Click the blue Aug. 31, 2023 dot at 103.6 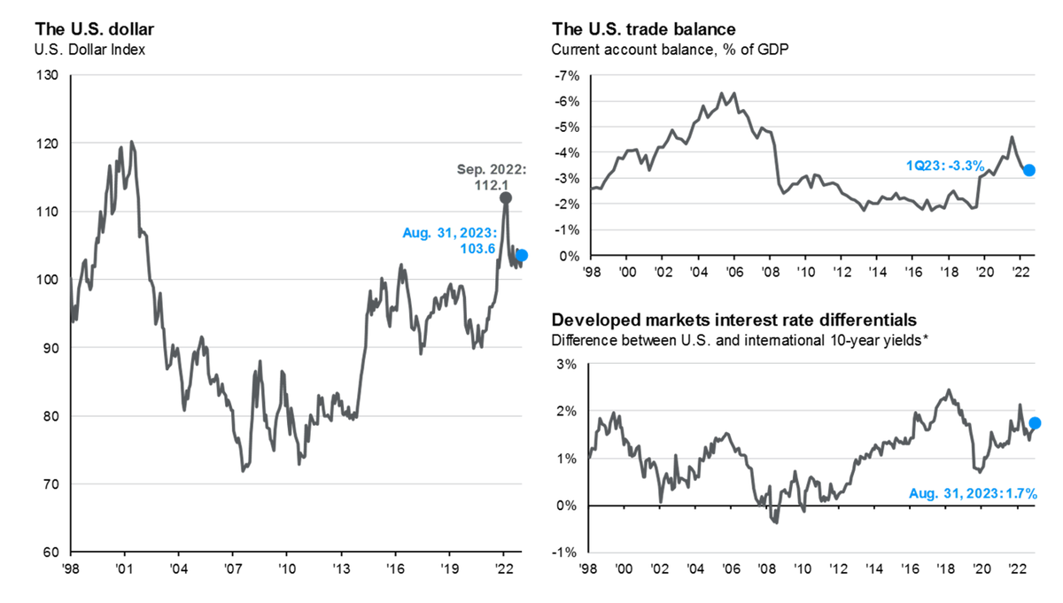(522, 255)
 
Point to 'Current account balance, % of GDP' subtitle (669, 50)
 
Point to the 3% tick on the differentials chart (566, 364)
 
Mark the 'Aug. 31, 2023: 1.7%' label (972, 493)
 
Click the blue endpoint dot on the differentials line (1035, 423)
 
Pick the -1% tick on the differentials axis (564, 553)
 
